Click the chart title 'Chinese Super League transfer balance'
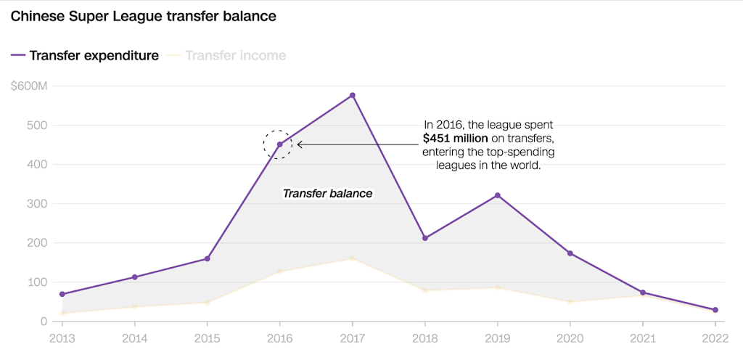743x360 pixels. (x=143, y=16)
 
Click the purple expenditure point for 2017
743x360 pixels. (x=353, y=95)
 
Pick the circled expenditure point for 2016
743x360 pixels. (x=279, y=144)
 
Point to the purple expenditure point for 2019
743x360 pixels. (x=497, y=195)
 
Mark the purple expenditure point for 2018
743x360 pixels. (x=425, y=238)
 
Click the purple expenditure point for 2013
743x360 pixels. (x=62, y=294)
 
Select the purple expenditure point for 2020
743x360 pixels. (x=570, y=253)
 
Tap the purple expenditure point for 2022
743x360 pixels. (x=715, y=310)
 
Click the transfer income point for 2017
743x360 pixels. (x=353, y=258)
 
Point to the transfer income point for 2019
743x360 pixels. (x=497, y=287)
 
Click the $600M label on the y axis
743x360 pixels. (x=29, y=86)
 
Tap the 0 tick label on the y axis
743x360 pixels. (x=43, y=322)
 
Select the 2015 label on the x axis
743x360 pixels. (x=207, y=337)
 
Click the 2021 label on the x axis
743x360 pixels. (x=642, y=337)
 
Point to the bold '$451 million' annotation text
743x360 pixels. (x=456, y=138)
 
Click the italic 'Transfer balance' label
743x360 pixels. (x=327, y=194)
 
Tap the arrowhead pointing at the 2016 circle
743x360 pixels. (x=300, y=144)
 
